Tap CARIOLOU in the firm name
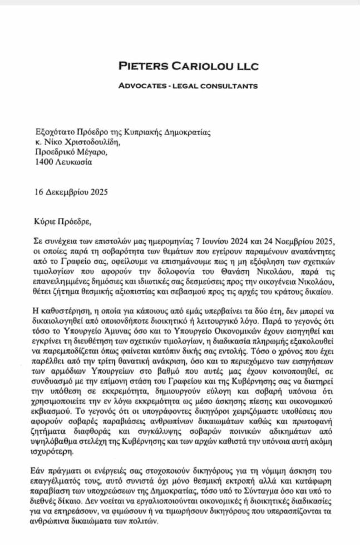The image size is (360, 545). point(201,67)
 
